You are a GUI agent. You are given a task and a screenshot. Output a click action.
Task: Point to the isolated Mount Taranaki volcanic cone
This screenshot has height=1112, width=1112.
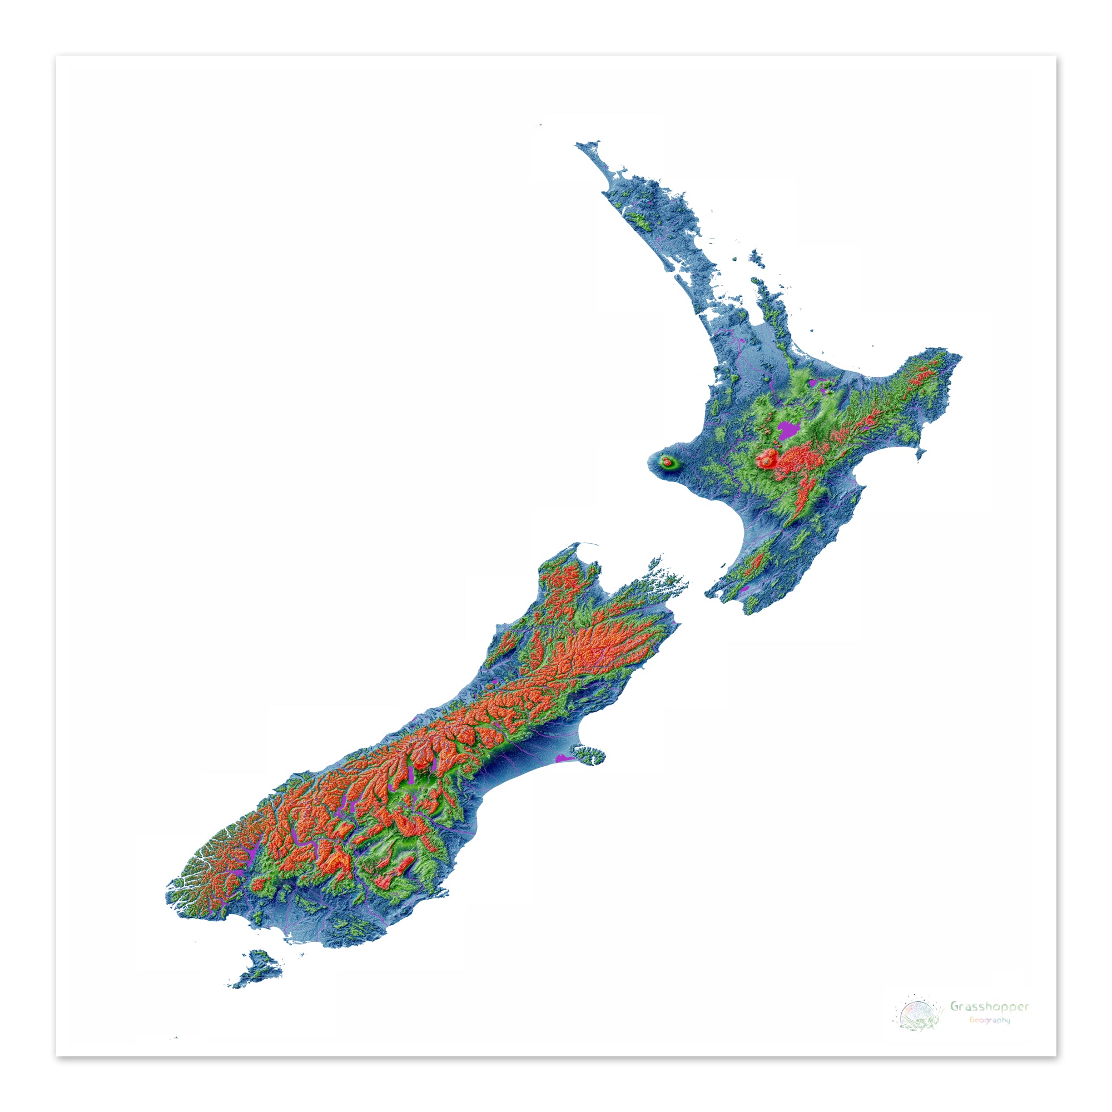coord(667,461)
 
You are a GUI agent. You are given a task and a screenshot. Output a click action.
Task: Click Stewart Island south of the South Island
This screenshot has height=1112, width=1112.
coord(258,969)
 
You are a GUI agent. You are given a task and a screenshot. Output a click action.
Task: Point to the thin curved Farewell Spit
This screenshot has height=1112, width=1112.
coord(587,544)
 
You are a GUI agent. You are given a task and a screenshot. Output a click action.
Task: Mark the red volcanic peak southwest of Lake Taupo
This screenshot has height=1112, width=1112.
coord(767,459)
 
